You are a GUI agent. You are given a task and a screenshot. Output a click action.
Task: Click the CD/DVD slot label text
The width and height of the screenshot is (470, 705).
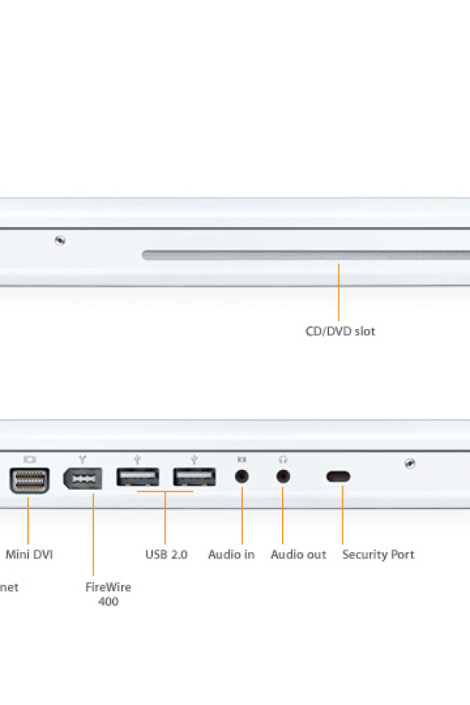(x=340, y=331)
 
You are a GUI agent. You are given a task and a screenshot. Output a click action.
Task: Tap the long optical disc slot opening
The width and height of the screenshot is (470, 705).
(x=305, y=255)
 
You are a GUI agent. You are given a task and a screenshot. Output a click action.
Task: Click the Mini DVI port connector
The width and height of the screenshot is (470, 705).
(x=29, y=479)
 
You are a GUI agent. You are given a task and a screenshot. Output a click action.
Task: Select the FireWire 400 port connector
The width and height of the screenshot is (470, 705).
(x=82, y=479)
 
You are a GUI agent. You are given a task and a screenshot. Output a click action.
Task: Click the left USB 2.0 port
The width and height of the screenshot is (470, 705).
(x=138, y=476)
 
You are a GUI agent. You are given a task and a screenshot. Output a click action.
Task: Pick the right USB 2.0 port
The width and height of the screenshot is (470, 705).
(x=194, y=476)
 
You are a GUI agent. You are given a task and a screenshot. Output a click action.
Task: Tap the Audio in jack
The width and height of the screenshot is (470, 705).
(x=242, y=475)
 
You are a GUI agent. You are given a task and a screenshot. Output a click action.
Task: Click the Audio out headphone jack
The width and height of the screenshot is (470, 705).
(x=283, y=475)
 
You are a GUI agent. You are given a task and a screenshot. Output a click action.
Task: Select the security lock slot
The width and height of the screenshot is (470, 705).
(x=338, y=476)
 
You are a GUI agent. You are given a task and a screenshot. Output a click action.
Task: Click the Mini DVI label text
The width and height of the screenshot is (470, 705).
(x=30, y=555)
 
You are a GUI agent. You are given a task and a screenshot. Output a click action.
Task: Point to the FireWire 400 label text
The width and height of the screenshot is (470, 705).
(x=108, y=594)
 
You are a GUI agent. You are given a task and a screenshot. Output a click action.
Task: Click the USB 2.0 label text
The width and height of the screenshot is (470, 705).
(x=166, y=555)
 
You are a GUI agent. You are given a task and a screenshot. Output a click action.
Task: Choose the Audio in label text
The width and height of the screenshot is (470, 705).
(x=231, y=555)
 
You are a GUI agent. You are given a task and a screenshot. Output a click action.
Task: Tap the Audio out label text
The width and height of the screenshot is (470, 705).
(x=298, y=555)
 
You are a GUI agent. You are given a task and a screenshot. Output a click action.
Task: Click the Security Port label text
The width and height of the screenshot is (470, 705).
(x=378, y=555)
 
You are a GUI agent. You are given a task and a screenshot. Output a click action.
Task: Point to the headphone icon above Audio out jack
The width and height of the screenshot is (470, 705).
(x=283, y=459)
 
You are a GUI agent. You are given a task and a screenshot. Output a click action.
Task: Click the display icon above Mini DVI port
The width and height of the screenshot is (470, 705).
(x=30, y=459)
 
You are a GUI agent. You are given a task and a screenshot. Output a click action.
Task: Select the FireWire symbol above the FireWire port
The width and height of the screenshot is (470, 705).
(x=82, y=459)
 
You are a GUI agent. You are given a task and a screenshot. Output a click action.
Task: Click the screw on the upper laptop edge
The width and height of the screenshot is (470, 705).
(x=60, y=240)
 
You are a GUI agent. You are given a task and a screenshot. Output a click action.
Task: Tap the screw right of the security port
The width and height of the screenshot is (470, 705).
(x=410, y=464)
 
